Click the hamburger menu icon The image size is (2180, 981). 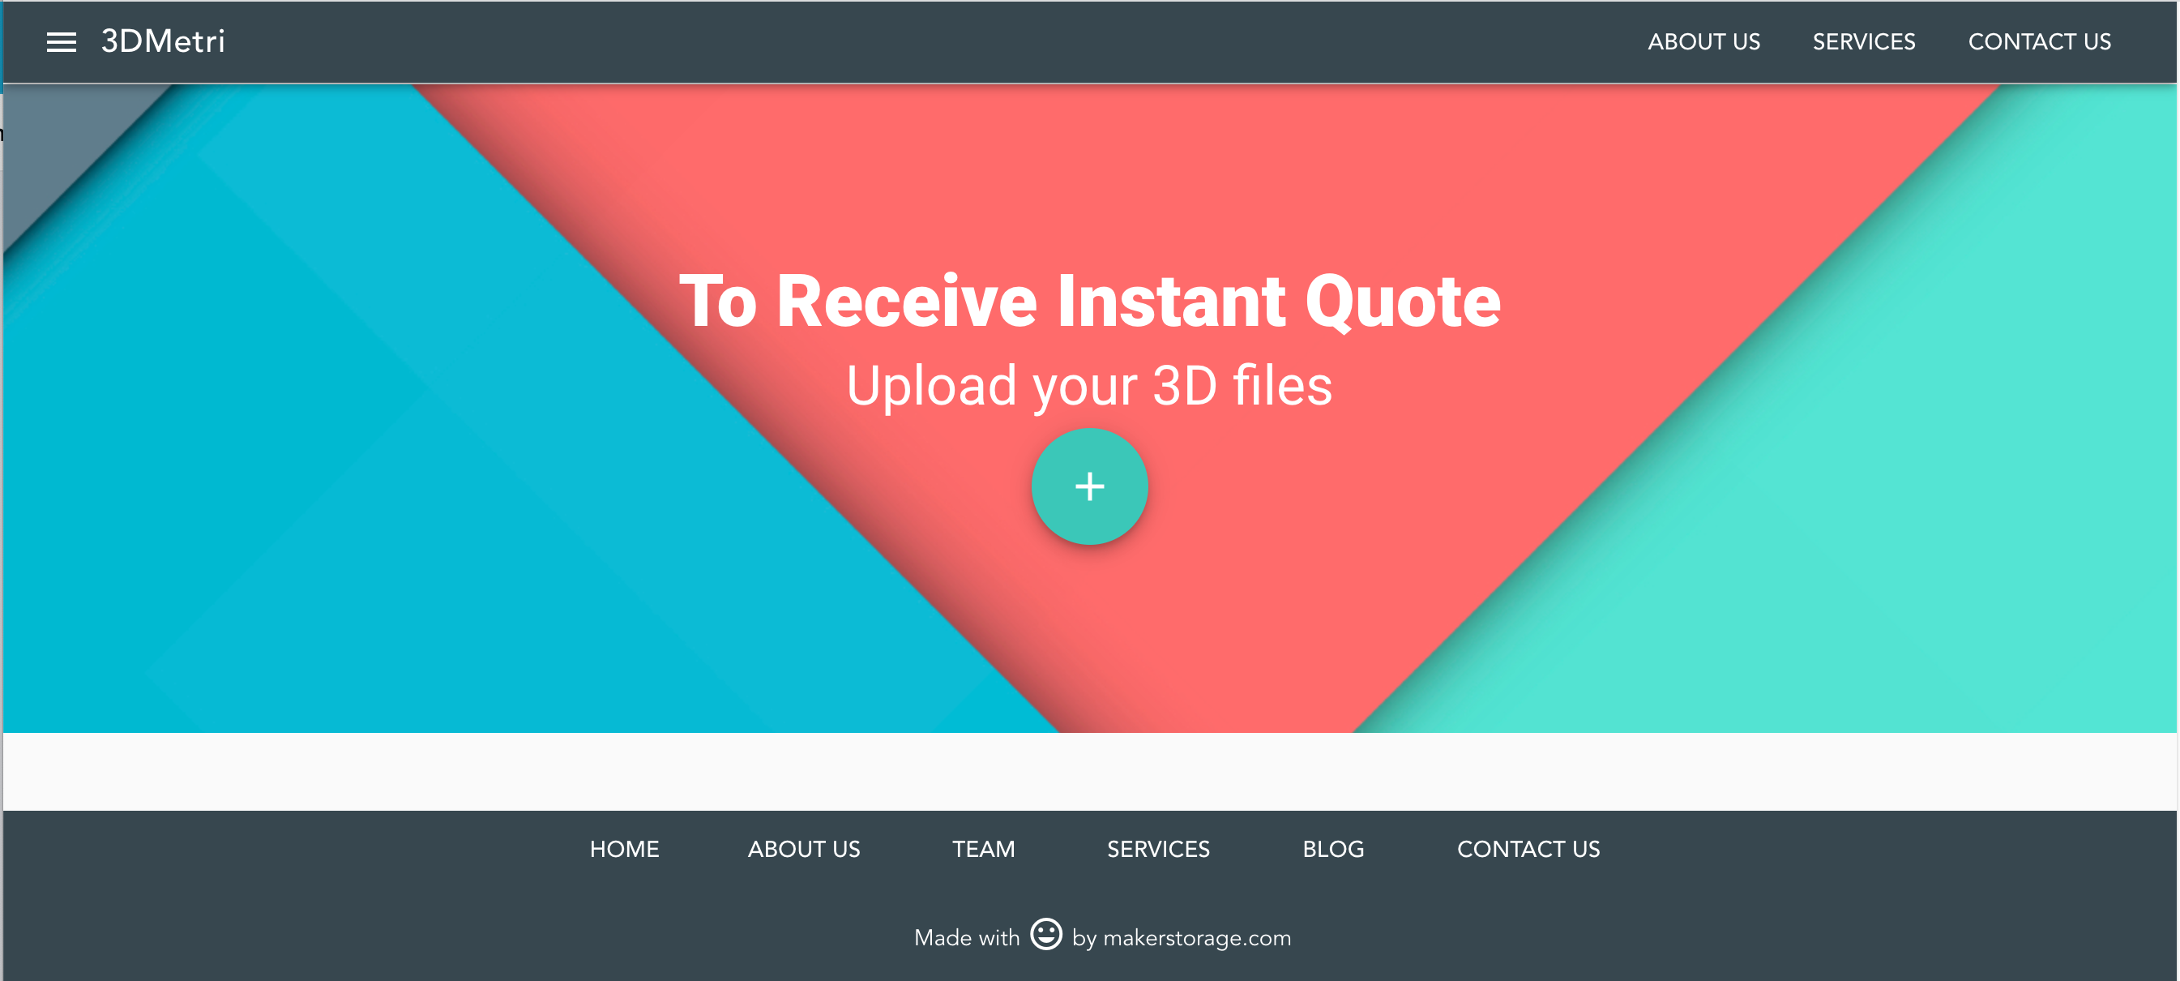pos(61,42)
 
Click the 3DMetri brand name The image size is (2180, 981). pos(162,41)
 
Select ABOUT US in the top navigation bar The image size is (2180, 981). pos(1703,42)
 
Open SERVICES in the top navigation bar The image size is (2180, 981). pos(1862,42)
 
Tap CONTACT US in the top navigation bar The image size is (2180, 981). pos(2039,42)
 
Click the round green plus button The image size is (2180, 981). pos(1089,486)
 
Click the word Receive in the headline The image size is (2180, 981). pos(906,302)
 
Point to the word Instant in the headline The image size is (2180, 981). pos(1170,302)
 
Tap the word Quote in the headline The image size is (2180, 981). pos(1402,303)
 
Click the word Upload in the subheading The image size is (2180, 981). pos(931,387)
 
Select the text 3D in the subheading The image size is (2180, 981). pos(1184,386)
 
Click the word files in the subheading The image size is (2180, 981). pos(1282,386)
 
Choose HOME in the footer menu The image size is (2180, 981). pos(624,849)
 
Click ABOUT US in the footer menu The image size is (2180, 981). pos(803,849)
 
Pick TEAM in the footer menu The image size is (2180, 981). pos(982,849)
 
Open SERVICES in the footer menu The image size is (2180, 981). pos(1158,849)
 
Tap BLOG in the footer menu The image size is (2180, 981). pos(1333,849)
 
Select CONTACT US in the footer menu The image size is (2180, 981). pos(1528,849)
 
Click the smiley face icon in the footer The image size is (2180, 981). pos(1045,935)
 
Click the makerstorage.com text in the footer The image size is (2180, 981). pos(1197,938)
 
